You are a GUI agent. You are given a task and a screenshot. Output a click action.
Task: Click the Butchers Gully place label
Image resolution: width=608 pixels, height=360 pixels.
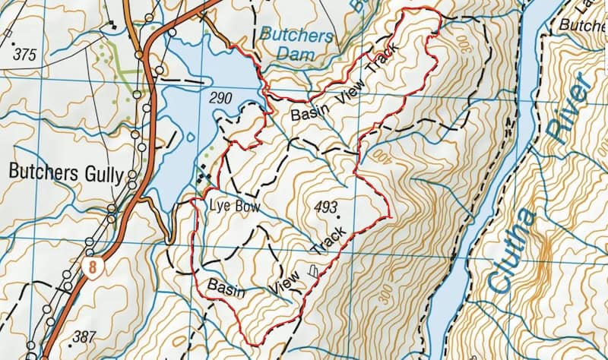point(65,172)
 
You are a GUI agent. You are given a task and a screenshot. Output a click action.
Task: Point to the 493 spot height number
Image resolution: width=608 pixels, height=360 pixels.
point(325,207)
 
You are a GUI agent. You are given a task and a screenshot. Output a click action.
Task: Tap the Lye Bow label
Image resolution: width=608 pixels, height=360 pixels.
point(227,206)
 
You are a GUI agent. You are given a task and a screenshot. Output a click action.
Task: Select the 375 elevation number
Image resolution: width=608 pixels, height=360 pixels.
point(25,55)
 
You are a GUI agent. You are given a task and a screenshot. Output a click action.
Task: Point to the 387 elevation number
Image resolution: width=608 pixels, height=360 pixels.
point(85,336)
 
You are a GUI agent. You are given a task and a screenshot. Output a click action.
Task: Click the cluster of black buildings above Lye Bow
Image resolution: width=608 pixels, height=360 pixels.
point(204,176)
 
